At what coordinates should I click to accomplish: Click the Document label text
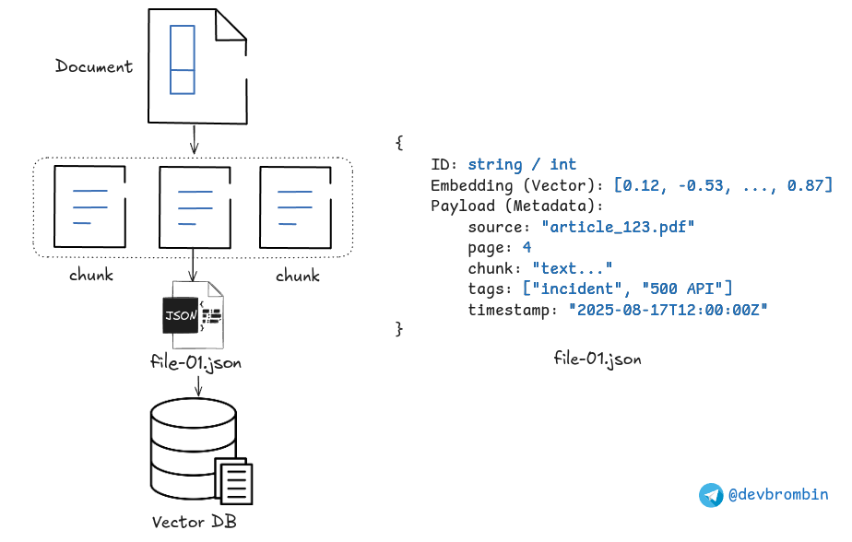tap(93, 66)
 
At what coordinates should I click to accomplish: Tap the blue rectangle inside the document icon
tap(183, 60)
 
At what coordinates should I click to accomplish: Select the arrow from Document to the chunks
tap(194, 140)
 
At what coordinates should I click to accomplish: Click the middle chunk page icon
tap(193, 206)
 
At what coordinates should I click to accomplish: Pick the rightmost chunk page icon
tap(294, 206)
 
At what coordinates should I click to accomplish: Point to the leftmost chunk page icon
tap(89, 206)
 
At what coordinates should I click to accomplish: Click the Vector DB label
tap(194, 522)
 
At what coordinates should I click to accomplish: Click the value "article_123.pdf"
tap(617, 226)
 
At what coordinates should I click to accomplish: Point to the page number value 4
tap(527, 247)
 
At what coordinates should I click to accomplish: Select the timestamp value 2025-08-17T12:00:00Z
tap(668, 310)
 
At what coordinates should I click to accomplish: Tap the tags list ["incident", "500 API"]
tap(627, 289)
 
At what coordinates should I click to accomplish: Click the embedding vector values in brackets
tap(722, 185)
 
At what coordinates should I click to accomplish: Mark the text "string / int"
tap(521, 164)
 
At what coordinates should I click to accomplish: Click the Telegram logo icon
tap(711, 495)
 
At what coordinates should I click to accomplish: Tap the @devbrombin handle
tap(778, 495)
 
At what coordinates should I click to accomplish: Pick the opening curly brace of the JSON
tap(398, 143)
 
